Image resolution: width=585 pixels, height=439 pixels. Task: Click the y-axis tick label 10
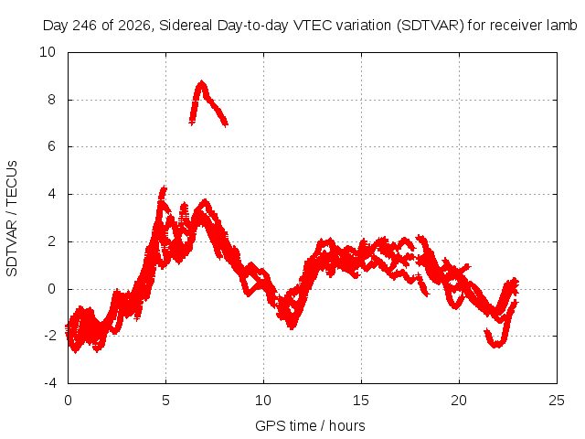(x=48, y=52)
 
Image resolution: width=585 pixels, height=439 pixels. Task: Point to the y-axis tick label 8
(x=51, y=100)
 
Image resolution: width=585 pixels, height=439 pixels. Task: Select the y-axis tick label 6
(x=51, y=146)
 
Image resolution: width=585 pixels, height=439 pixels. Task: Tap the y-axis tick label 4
(x=51, y=194)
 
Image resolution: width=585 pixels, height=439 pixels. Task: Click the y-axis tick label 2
(x=51, y=241)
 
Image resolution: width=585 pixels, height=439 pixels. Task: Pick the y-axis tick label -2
(x=49, y=336)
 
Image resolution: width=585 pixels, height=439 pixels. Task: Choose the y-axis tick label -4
(x=49, y=383)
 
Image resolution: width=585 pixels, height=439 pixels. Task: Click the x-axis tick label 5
(x=165, y=401)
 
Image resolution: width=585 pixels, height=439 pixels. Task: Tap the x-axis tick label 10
(x=263, y=401)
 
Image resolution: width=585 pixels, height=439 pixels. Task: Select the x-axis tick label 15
(x=361, y=401)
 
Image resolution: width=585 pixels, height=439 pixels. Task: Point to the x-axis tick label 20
(x=459, y=401)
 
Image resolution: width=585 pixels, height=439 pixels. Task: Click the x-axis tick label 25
(x=557, y=401)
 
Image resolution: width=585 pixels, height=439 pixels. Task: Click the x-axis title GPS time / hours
(x=310, y=426)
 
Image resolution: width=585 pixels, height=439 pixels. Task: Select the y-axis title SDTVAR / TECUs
(x=12, y=219)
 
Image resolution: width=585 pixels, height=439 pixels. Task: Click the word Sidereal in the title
(x=186, y=26)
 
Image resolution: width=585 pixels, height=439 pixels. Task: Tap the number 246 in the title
(x=85, y=26)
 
